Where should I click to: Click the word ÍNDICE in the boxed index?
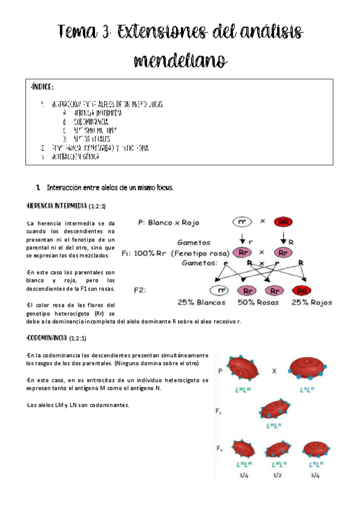tap(42, 87)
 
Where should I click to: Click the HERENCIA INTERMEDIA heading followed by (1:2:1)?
tap(57, 206)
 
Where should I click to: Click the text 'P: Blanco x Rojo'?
tap(171, 222)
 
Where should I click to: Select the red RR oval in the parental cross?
tap(283, 221)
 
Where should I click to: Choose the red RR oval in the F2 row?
tap(303, 290)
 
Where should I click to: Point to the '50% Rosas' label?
tap(258, 303)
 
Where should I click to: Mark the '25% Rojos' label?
tap(313, 303)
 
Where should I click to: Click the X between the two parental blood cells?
tap(274, 371)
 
